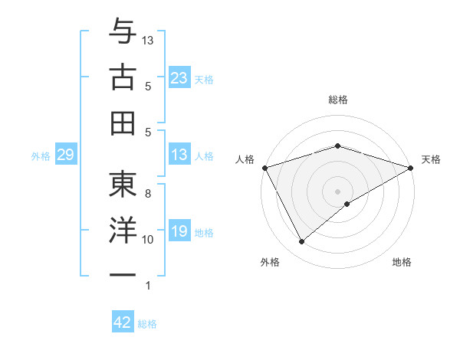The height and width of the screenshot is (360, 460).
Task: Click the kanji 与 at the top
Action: pos(122,31)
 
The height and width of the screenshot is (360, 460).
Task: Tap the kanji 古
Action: pos(122,77)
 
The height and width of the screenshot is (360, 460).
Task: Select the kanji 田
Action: pos(122,123)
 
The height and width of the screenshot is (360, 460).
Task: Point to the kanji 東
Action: pos(122,185)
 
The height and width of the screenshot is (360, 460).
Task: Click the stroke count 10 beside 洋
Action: pos(148,240)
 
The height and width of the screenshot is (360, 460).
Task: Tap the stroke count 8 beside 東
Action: pos(148,194)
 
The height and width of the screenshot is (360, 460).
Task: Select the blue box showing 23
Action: pos(179,77)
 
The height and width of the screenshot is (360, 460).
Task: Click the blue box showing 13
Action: pos(179,155)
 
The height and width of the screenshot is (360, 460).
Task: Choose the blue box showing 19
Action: pos(179,231)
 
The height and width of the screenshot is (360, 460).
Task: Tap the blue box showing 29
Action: pos(65,155)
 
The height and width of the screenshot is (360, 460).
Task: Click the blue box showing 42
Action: pos(123,322)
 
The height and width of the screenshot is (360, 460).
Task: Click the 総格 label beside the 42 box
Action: pos(147,324)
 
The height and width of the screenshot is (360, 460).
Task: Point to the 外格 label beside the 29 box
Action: pos(41,156)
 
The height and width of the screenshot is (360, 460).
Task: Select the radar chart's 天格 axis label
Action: pos(431,159)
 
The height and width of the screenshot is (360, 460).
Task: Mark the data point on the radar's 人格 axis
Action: pos(264,167)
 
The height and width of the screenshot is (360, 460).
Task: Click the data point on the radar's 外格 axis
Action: pos(301,241)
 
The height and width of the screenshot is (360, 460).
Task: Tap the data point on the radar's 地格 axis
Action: pos(347,204)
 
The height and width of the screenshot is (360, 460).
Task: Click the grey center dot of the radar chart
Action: pos(337,190)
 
